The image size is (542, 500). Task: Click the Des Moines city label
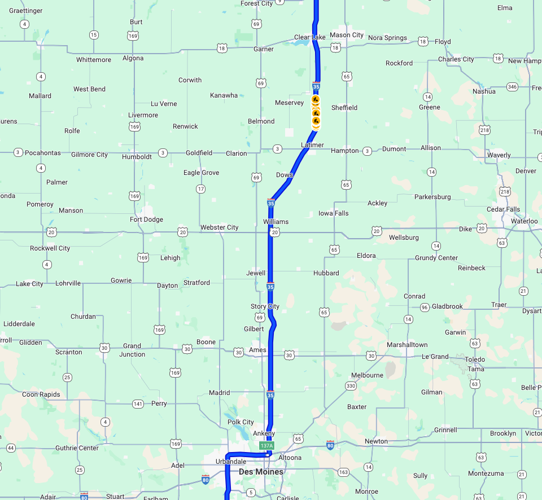tap(261, 472)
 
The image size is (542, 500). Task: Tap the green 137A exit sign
tap(266, 446)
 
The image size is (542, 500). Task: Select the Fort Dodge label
tap(146, 220)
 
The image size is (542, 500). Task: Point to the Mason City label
tap(347, 35)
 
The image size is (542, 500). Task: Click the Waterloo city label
tap(524, 221)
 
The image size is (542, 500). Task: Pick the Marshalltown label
tap(407, 345)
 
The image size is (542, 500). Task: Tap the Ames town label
tap(257, 350)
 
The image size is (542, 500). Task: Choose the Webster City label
tap(220, 227)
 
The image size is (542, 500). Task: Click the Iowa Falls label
tap(334, 213)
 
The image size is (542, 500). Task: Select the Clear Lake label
tap(310, 38)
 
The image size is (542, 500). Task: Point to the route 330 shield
tap(351, 386)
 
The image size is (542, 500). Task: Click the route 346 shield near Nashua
tap(512, 87)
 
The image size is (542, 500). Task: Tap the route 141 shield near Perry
tap(138, 404)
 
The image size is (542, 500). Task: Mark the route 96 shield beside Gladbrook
tap(424, 307)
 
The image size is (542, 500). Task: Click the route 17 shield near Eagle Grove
tap(200, 188)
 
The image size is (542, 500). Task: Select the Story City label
tap(265, 306)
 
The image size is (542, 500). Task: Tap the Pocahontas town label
tap(43, 153)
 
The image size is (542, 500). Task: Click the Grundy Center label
tap(436, 258)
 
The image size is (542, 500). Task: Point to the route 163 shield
tap(343, 472)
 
